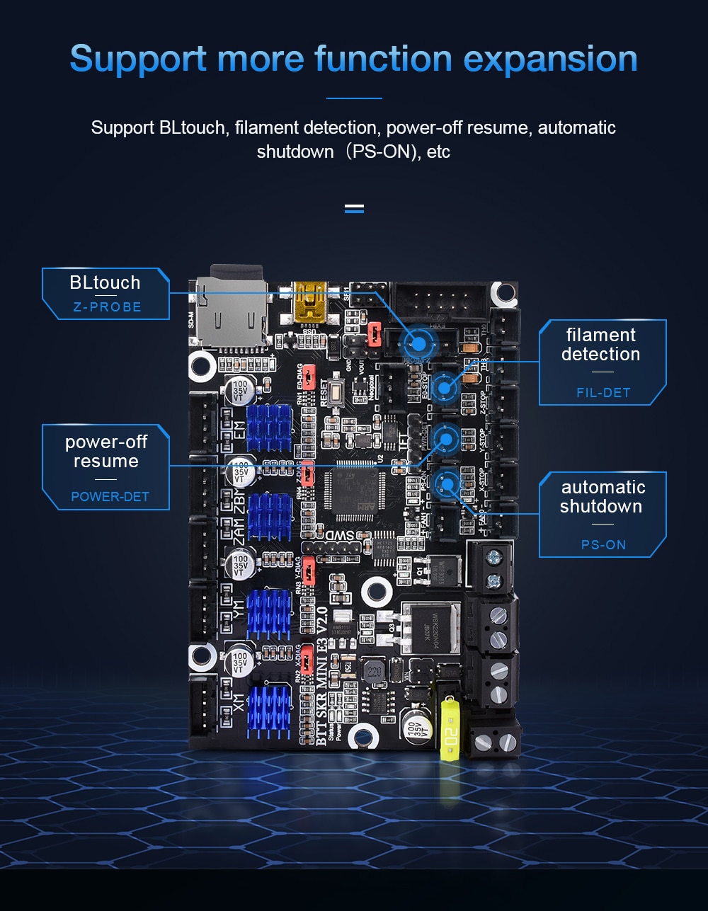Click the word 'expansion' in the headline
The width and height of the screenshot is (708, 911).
tap(550, 59)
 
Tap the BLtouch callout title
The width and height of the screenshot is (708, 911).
tap(105, 282)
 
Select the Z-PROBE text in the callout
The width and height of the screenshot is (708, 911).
tap(107, 307)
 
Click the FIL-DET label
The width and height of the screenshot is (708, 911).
tap(603, 392)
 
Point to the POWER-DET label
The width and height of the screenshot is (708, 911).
tap(110, 496)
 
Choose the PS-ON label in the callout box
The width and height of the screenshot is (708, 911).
tap(603, 544)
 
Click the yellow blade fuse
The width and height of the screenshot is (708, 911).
tap(450, 726)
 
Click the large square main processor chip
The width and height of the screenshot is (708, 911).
tap(354, 489)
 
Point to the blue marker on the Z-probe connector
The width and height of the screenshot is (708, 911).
tap(418, 344)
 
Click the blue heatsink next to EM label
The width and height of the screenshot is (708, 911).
tap(268, 428)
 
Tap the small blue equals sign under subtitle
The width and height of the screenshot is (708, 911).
tap(354, 208)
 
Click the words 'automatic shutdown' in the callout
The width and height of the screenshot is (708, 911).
tap(603, 497)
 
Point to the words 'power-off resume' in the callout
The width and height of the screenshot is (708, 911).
tap(106, 452)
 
